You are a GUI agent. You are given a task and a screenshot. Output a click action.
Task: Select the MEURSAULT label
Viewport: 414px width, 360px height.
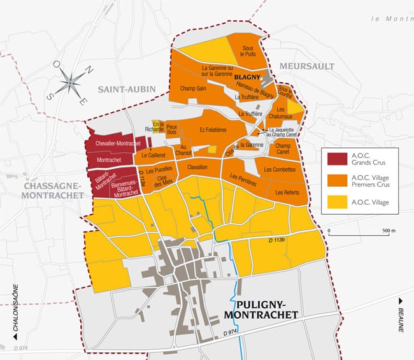(x=303, y=67)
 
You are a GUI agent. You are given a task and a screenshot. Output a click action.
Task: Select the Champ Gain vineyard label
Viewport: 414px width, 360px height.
(x=192, y=89)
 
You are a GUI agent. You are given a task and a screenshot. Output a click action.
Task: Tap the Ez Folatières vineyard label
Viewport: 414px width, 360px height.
(x=213, y=130)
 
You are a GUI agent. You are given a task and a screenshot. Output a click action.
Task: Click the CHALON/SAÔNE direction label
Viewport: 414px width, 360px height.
(x=11, y=317)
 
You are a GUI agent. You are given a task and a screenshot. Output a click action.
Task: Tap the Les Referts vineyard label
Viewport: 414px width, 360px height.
(x=287, y=192)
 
